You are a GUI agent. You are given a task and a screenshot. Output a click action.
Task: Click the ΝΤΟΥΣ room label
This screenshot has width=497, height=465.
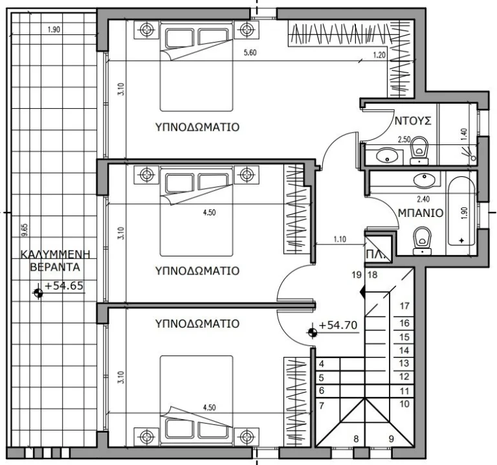[x=413, y=120]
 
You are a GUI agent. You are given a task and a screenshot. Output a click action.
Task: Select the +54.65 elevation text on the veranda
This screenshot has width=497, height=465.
[x=63, y=286]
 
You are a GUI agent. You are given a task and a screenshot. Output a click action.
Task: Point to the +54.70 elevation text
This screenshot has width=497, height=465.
[x=338, y=326]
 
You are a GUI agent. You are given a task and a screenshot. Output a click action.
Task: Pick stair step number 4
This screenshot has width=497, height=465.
[x=322, y=364]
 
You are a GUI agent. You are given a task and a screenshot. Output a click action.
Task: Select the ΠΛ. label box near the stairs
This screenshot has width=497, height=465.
[x=375, y=254]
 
